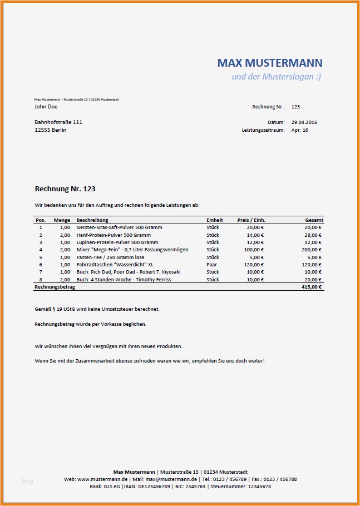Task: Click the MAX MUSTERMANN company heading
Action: pos(269,63)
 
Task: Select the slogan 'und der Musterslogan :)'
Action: pos(276,76)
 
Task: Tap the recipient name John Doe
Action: pos(46,107)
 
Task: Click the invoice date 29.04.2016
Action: pos(304,122)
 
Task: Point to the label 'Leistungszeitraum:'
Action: pos(263,130)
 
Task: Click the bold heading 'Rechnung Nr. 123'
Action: pos(65,190)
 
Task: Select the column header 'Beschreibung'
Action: pos(92,220)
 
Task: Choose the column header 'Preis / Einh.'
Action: pos(250,220)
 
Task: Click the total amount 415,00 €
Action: pos(312,287)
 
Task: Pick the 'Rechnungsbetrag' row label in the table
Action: pos(55,287)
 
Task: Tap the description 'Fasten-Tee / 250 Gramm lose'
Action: pos(110,257)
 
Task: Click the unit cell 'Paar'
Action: pos(211,265)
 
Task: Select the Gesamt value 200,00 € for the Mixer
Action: pos(312,250)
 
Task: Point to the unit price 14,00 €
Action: pos(255,235)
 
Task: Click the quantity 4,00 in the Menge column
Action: pos(65,250)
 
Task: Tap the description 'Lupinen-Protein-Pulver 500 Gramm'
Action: pos(117,242)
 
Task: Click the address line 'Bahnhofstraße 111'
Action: pos(58,122)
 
